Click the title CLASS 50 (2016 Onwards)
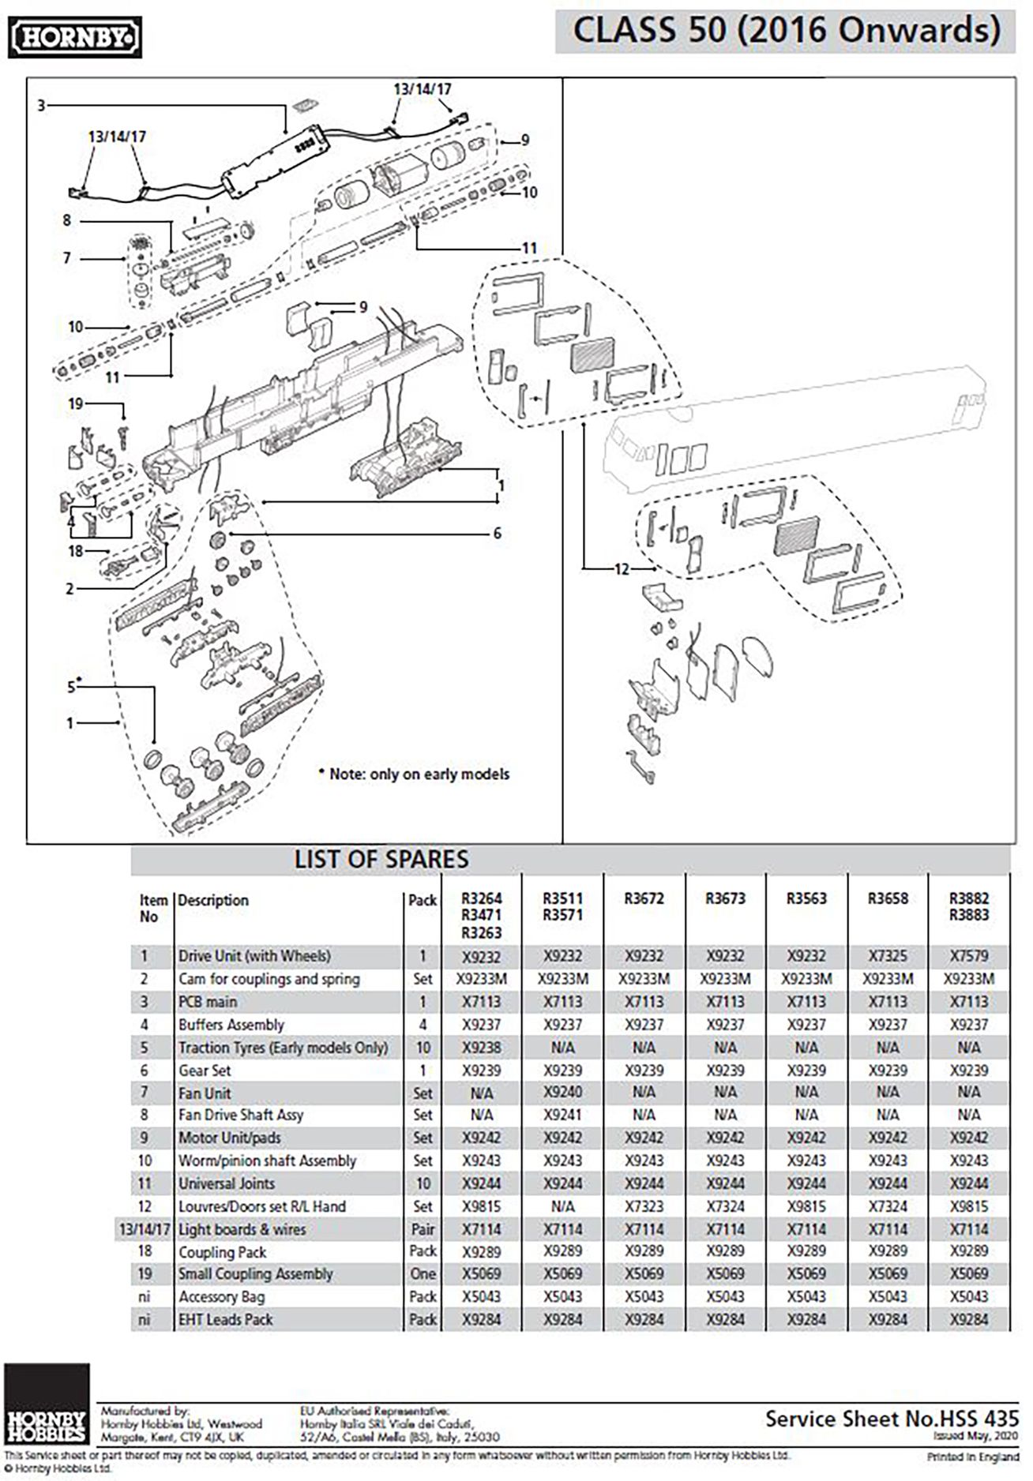click(785, 32)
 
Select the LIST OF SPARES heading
click(381, 859)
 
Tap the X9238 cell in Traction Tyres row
click(482, 1048)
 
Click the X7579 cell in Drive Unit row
click(968, 956)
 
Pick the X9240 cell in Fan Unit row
click(562, 1093)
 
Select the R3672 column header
click(644, 898)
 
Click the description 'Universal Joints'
click(227, 1183)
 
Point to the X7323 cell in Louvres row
click(644, 1206)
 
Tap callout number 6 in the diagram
click(497, 534)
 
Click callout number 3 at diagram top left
click(41, 104)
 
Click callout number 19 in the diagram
click(76, 403)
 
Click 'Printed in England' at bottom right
click(972, 1457)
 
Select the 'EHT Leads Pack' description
click(225, 1319)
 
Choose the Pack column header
click(423, 900)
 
